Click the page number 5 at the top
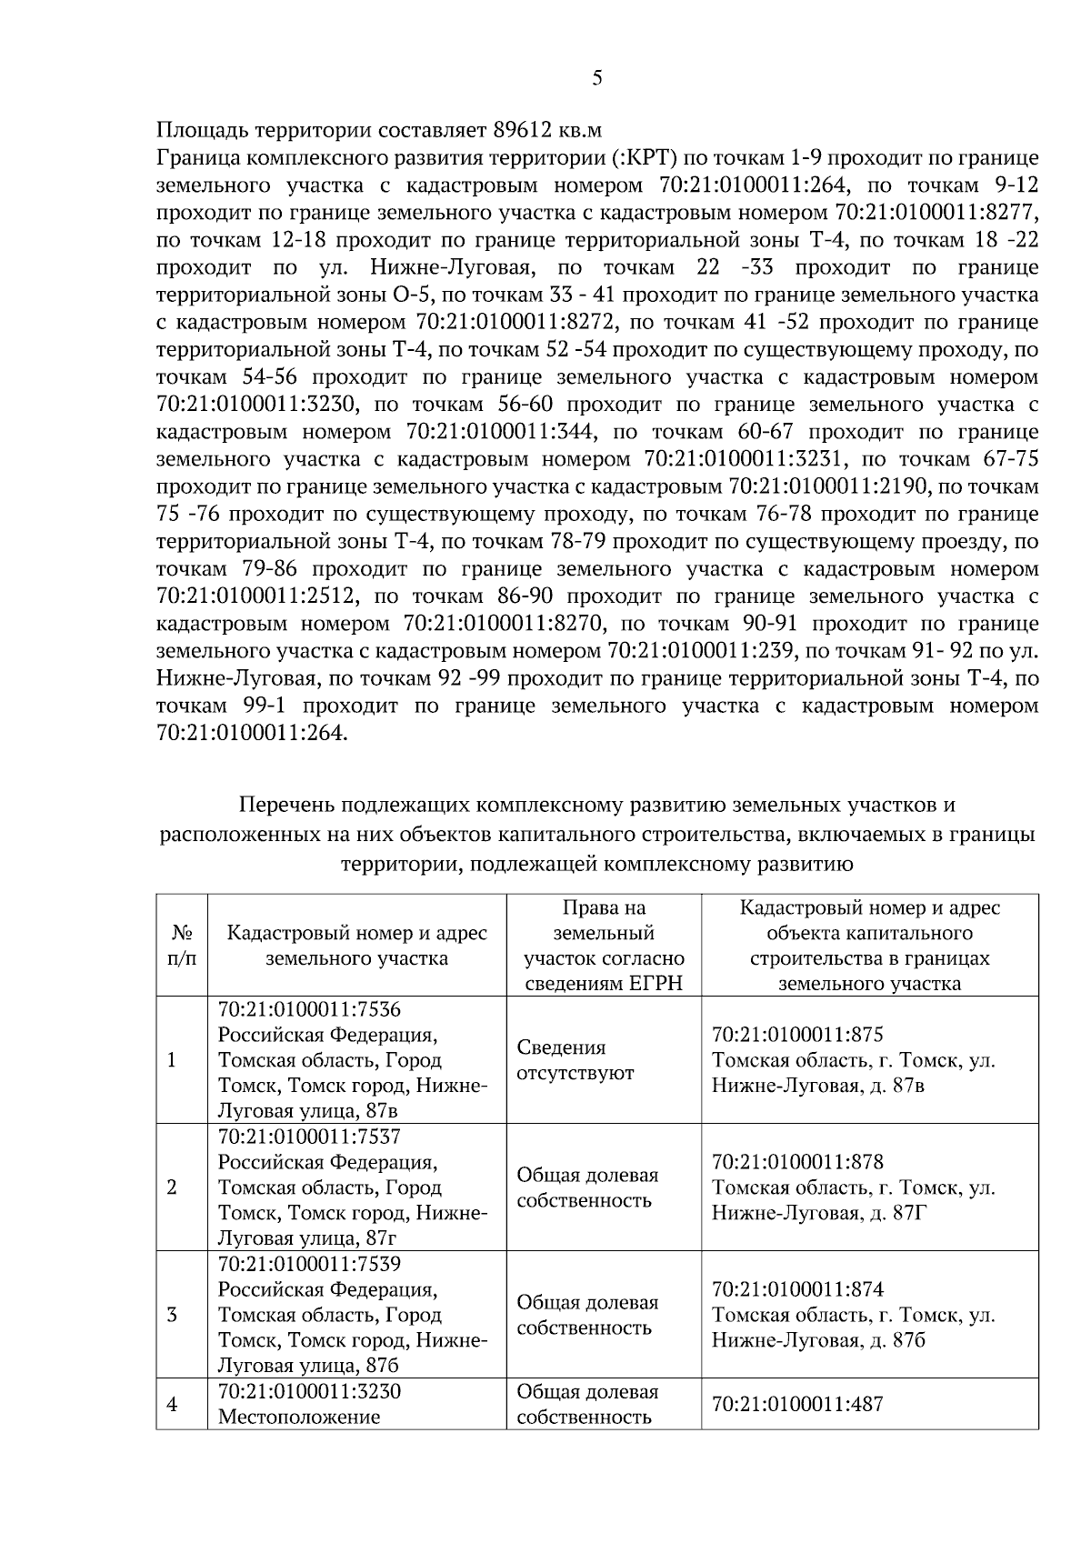click(x=596, y=78)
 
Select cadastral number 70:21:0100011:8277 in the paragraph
click(x=936, y=213)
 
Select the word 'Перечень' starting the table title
click(x=281, y=805)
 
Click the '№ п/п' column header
click(x=182, y=946)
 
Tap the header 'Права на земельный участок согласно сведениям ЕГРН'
click(x=604, y=946)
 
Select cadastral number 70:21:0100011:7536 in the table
click(x=309, y=1010)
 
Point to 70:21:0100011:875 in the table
click(x=797, y=1035)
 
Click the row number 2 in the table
click(x=172, y=1187)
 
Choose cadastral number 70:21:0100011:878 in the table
click(x=797, y=1162)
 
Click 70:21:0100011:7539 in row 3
click(x=309, y=1265)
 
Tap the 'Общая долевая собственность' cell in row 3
click(x=587, y=1315)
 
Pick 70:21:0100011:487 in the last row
click(x=797, y=1404)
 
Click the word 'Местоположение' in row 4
click(x=299, y=1417)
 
